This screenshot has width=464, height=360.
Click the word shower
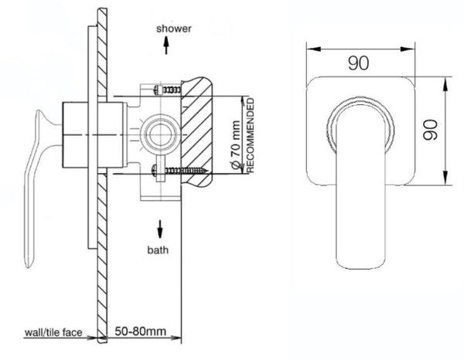point(176,29)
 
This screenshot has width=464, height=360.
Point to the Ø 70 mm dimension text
point(233,135)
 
